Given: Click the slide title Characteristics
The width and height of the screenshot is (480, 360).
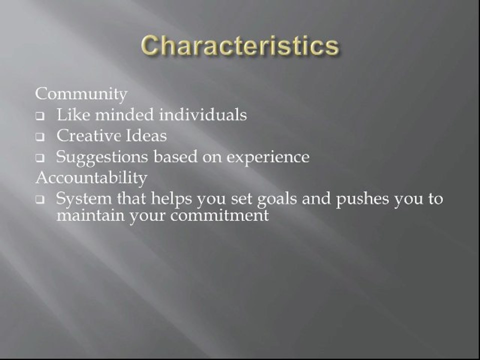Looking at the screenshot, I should (x=239, y=46).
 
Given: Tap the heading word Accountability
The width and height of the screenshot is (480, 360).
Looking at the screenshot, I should (x=91, y=177).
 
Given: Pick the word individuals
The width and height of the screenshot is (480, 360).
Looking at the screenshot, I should (x=203, y=115).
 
